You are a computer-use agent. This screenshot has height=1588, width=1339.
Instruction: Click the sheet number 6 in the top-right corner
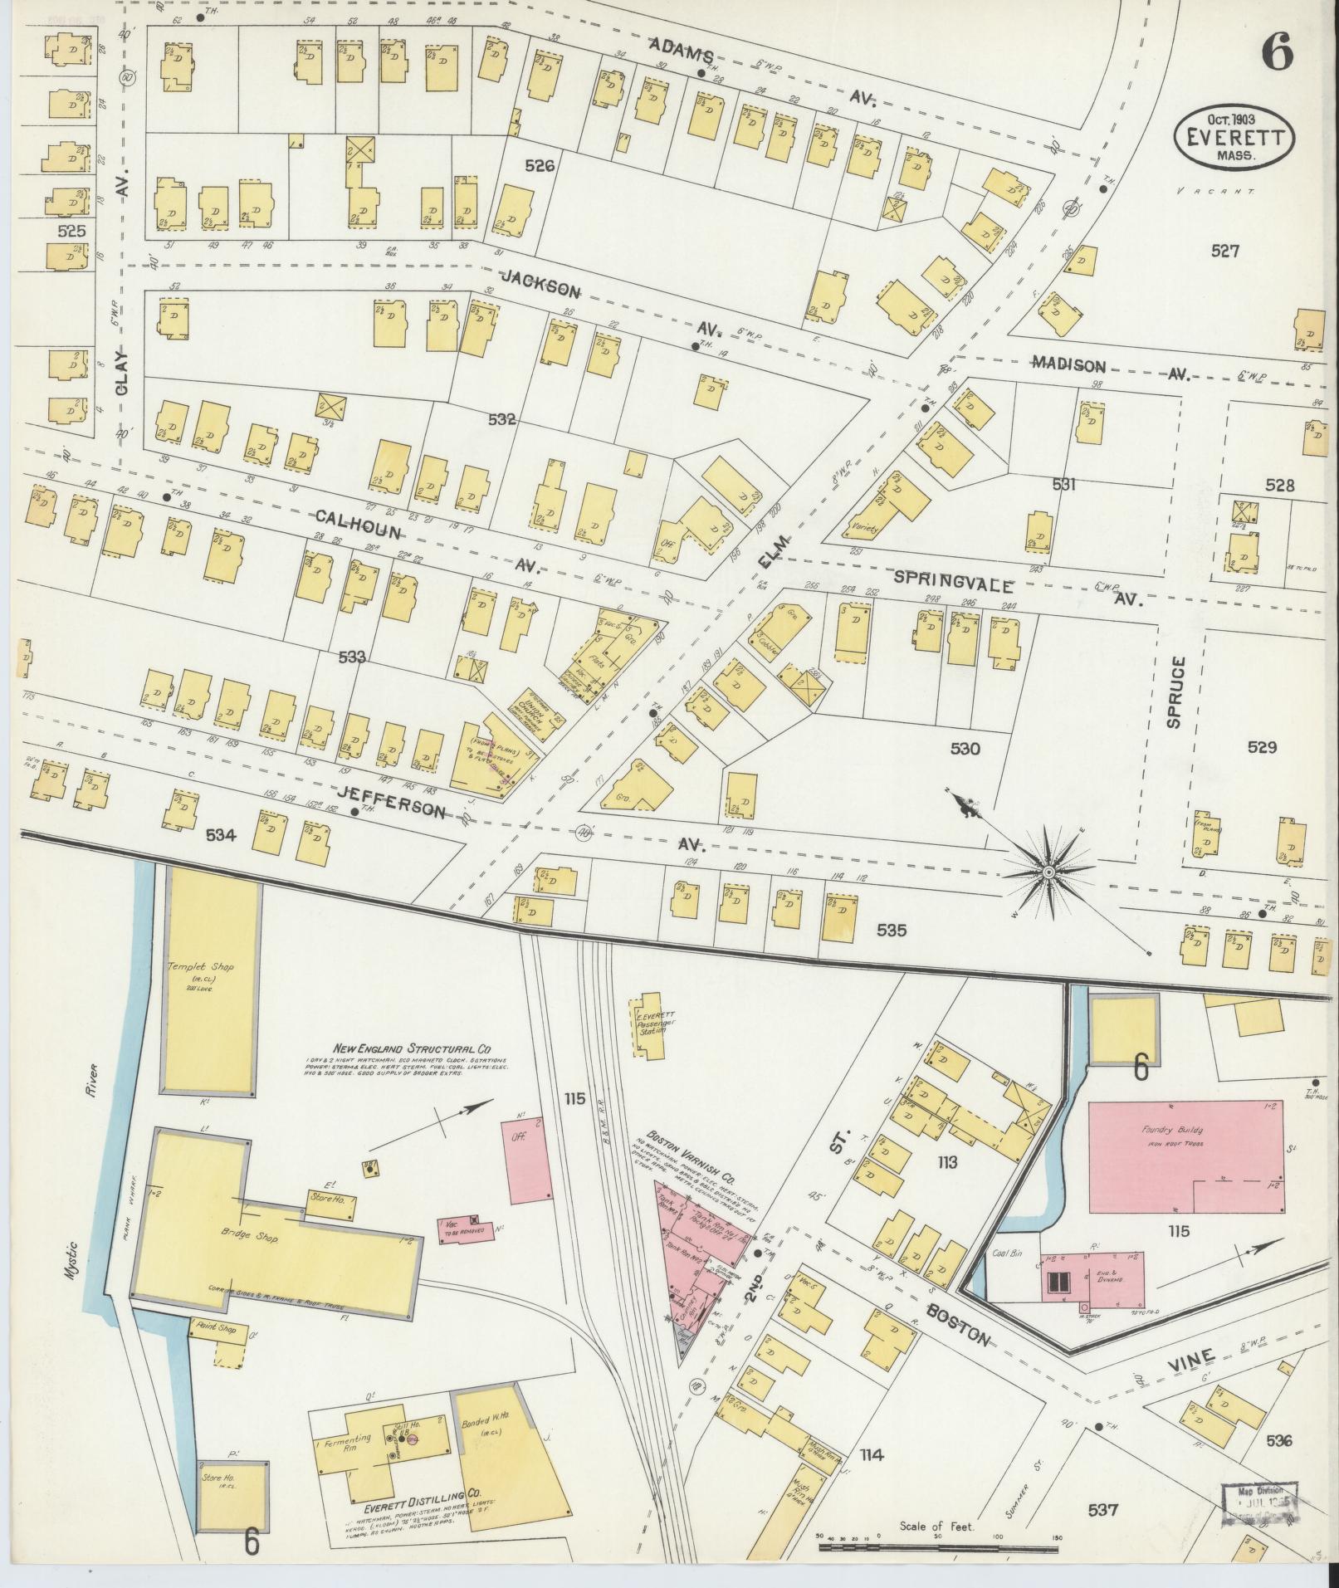pyautogui.click(x=1277, y=54)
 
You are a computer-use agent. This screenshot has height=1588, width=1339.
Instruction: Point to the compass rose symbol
pyautogui.click(x=1048, y=872)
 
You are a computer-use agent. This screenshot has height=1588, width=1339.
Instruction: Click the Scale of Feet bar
pyautogui.click(x=938, y=1546)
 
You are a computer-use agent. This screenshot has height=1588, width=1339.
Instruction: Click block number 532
pyautogui.click(x=502, y=420)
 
